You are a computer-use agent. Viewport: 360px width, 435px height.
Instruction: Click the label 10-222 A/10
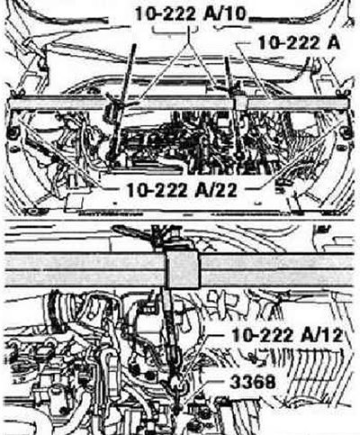[191, 14]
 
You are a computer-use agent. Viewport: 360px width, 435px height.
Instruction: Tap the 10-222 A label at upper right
[299, 43]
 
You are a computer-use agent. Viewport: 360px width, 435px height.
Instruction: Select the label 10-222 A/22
[182, 190]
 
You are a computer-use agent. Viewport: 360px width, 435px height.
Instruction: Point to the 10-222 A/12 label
[287, 335]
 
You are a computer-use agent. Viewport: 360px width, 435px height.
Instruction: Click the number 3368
[252, 382]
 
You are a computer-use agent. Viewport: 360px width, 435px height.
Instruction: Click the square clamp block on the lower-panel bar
[183, 269]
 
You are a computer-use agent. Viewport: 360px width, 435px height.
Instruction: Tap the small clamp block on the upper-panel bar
[240, 103]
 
